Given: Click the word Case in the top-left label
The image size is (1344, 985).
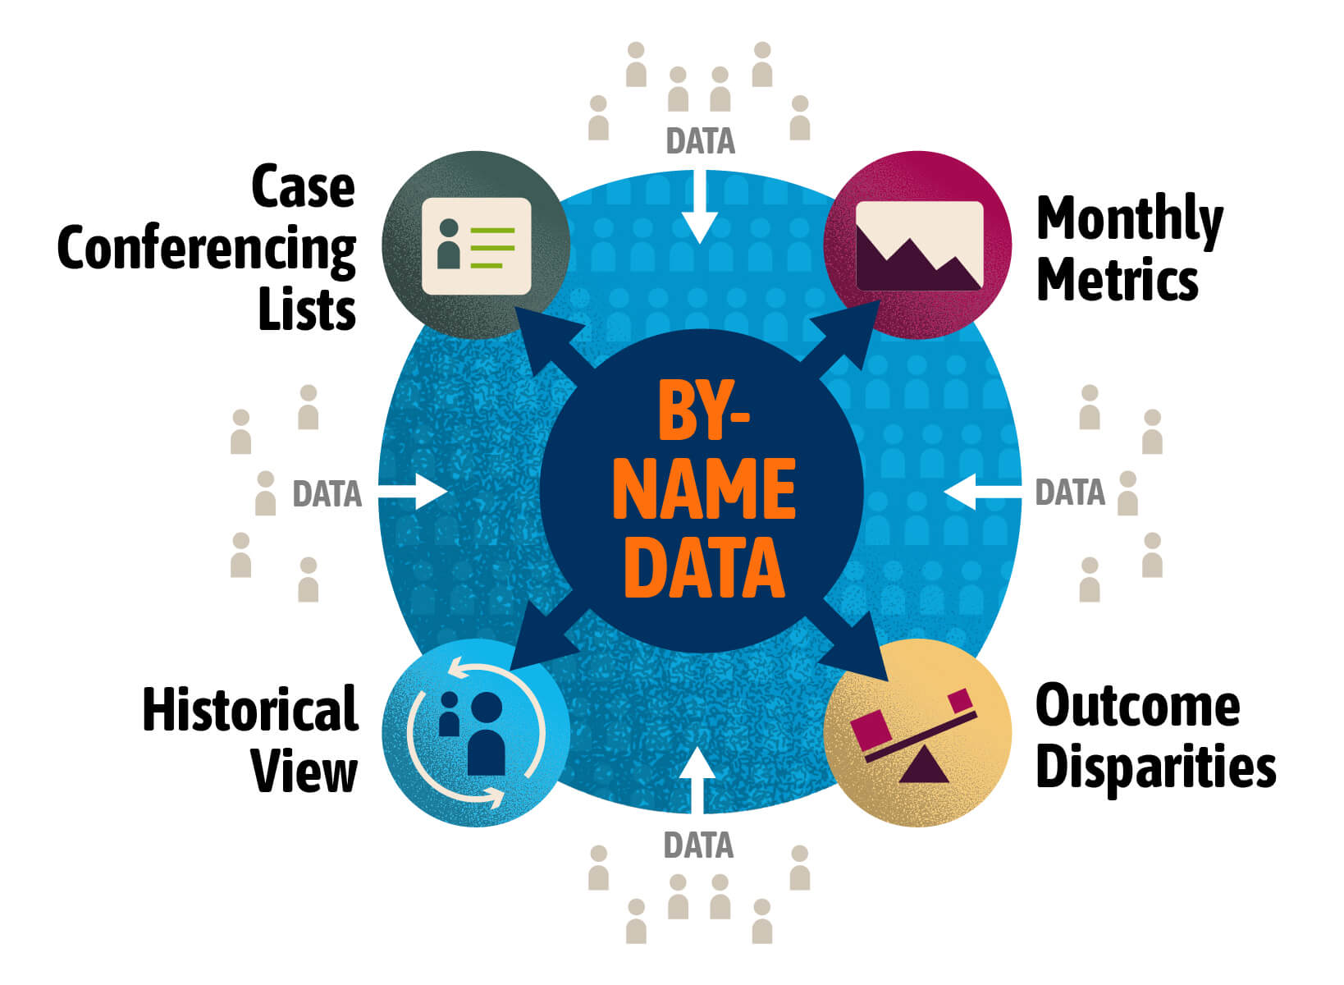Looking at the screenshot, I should pyautogui.click(x=303, y=187).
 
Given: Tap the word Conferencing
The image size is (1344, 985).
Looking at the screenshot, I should pyautogui.click(x=207, y=250).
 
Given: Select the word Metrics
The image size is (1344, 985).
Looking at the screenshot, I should pyautogui.click(x=1117, y=280).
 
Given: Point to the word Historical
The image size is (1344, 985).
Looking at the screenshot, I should pyautogui.click(x=250, y=709).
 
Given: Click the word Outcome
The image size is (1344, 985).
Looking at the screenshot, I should pyautogui.click(x=1137, y=706).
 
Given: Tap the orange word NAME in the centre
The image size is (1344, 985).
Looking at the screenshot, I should pyautogui.click(x=704, y=491).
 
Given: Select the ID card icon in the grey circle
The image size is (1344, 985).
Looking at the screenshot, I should pyautogui.click(x=476, y=245).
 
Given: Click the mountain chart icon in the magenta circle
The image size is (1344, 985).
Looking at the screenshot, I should pyautogui.click(x=918, y=245).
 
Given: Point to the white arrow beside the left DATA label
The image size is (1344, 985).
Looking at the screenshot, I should pyautogui.click(x=414, y=492).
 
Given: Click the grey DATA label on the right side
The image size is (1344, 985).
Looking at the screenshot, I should pyautogui.click(x=1069, y=492).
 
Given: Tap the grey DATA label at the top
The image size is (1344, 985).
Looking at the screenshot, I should pyautogui.click(x=700, y=141).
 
